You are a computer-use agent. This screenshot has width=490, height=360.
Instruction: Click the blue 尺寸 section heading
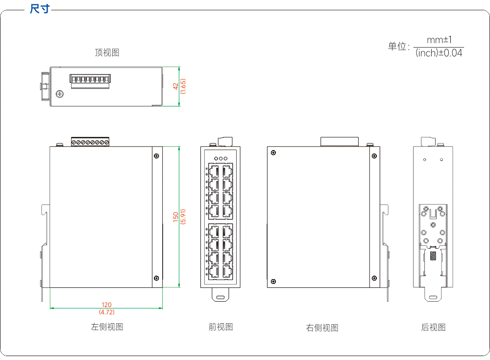[40, 9]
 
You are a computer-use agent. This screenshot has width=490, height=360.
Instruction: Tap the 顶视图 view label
[107, 52]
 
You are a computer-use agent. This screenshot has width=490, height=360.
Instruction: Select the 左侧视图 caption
[107, 327]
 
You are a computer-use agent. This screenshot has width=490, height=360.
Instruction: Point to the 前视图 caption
[220, 327]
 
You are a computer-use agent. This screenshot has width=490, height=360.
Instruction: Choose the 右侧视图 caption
[322, 328]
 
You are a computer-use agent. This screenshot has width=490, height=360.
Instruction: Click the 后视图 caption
[433, 327]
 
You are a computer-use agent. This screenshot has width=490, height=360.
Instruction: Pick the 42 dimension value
[175, 86]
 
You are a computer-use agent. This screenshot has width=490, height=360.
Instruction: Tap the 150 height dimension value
[175, 217]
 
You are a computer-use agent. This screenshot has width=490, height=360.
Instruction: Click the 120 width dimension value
[106, 305]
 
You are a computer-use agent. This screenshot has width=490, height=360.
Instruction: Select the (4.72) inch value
[106, 312]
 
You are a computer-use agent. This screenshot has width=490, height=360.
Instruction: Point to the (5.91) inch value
[183, 217]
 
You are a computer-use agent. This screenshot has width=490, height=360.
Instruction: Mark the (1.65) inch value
[183, 86]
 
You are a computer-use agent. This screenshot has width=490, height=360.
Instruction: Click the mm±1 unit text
[439, 40]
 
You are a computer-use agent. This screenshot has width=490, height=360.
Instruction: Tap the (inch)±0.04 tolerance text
[439, 53]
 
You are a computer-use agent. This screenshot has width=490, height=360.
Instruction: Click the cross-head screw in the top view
[60, 94]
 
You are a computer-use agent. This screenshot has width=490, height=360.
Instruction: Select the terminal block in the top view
[90, 81]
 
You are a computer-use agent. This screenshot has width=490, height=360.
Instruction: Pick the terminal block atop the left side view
[90, 141]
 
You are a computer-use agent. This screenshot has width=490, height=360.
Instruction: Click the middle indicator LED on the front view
[220, 158]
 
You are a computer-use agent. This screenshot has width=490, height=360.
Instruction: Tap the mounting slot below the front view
[220, 297]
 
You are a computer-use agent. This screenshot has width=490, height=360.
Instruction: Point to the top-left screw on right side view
[273, 153]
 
